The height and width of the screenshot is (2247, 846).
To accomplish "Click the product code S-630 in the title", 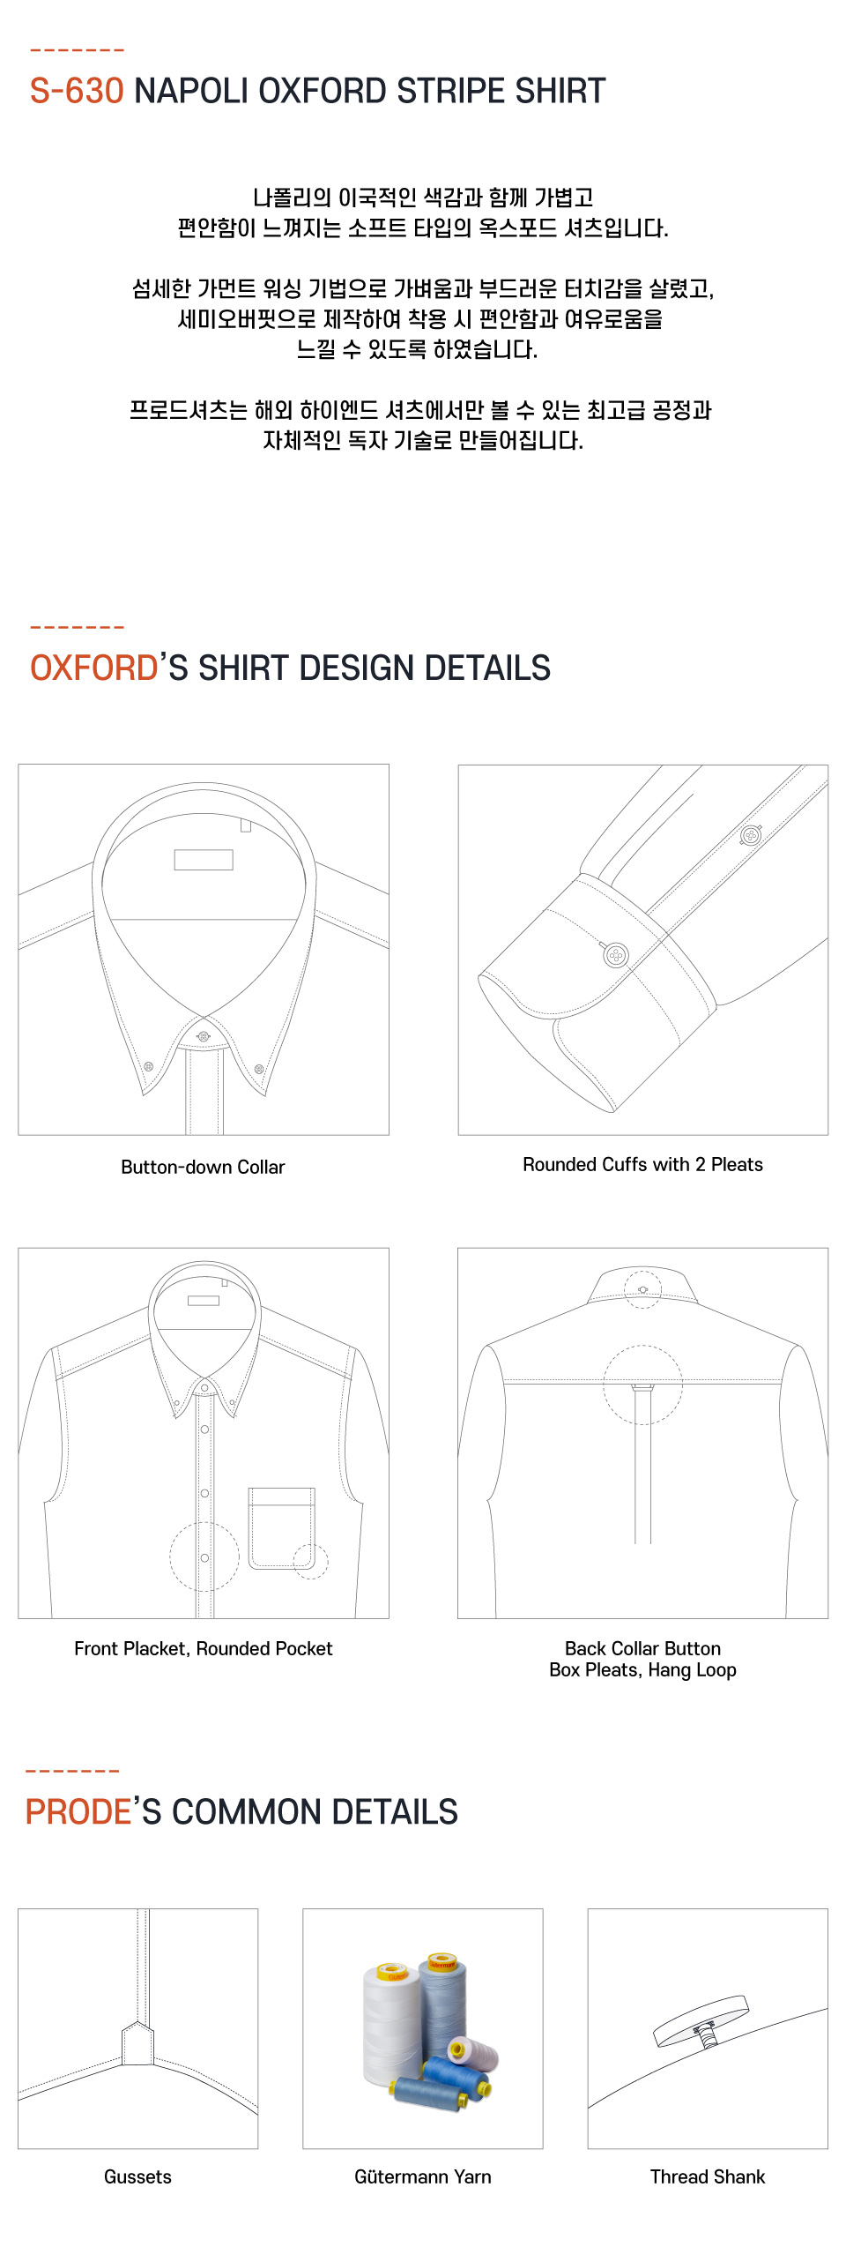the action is pos(77,91).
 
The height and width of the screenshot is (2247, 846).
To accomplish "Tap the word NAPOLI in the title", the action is pos(191,91).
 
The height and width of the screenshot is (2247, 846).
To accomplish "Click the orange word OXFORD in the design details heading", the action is pos(94,668).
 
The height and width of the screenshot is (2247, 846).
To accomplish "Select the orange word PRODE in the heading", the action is pos(78,1811).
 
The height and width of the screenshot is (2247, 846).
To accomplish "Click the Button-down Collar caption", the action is pos(203,1167).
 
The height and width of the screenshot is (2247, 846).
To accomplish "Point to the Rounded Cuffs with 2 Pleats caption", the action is pos(643,1164).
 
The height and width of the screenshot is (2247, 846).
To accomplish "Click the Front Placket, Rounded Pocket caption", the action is pos(204,1648).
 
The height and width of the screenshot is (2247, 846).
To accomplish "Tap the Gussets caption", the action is pos(137,2176).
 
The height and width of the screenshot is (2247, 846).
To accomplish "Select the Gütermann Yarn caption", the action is pos(423,2176).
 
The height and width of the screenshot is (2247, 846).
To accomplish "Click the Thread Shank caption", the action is pos(708,2176).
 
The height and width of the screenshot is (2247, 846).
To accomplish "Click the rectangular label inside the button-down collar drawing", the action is pos(204,860).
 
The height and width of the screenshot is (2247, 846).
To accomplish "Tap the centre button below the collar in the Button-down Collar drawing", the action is pos(204,1036).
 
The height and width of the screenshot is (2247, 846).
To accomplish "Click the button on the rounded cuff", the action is pos(616,954).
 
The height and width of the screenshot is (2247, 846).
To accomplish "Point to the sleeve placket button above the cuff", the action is pos(751,834).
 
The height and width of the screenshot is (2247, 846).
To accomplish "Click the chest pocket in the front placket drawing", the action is pos(282,1528).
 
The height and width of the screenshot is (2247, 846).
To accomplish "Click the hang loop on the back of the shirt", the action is pos(643,1387).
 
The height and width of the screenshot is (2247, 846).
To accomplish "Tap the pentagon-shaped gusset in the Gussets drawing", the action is pos(137,2042).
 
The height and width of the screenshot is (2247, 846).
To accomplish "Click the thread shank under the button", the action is pos(706,2035).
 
